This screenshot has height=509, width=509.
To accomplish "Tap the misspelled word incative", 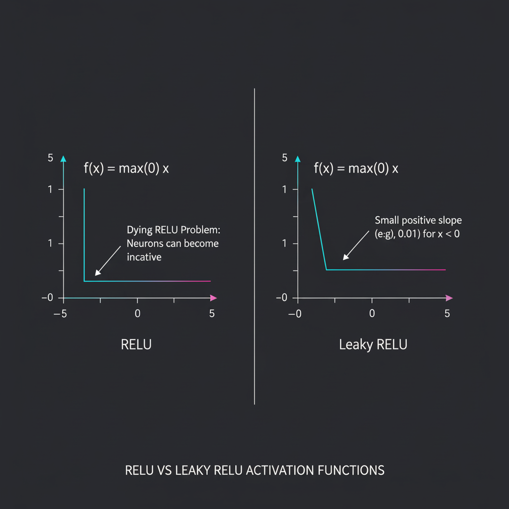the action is (144, 257).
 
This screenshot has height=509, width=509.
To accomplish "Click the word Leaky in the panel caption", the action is (356, 345).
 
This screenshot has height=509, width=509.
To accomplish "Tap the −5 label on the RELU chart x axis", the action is (60, 314).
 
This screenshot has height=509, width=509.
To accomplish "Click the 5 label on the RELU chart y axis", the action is (50, 158).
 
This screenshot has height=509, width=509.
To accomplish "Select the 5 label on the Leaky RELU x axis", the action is (447, 313).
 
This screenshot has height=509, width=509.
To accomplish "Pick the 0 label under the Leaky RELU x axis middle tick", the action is (372, 313).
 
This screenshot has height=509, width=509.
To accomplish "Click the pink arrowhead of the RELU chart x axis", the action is (214, 298).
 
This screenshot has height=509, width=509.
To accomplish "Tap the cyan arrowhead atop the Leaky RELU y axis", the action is (298, 159).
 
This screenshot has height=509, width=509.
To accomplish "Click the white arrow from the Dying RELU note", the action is (108, 260).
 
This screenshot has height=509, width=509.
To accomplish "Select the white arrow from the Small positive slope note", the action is (356, 246).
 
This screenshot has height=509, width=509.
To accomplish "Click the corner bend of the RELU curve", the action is (85, 281).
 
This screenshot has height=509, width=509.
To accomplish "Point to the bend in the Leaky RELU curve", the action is (327, 270).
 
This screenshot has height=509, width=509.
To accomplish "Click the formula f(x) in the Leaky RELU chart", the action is (324, 169).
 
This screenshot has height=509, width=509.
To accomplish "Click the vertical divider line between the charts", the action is (254, 247).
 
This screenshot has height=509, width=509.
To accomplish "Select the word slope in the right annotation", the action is (450, 220).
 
